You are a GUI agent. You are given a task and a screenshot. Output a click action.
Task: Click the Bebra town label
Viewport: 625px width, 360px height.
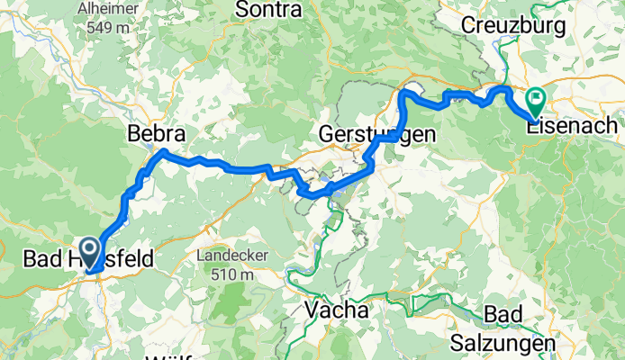(x=157, y=134)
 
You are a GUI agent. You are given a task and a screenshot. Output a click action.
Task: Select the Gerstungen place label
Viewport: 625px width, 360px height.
(x=377, y=134)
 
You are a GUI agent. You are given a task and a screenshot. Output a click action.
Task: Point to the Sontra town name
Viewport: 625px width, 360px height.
(x=268, y=10)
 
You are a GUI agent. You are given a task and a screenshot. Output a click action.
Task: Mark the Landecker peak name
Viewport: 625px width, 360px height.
(x=231, y=256)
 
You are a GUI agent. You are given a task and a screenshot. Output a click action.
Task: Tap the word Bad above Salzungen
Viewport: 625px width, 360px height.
(x=502, y=316)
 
